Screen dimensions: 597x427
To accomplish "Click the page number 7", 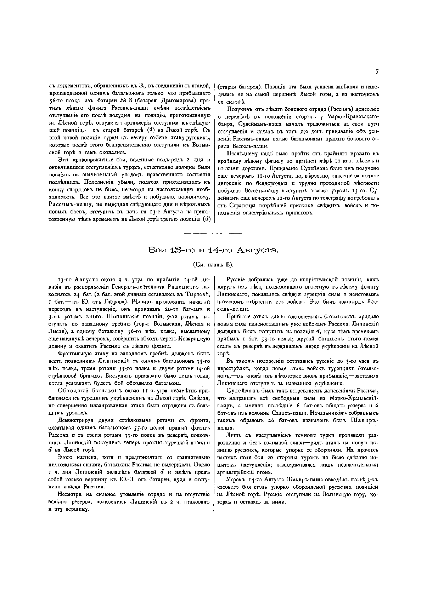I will point(377,72).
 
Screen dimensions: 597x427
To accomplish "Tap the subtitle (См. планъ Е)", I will point(213,265).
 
